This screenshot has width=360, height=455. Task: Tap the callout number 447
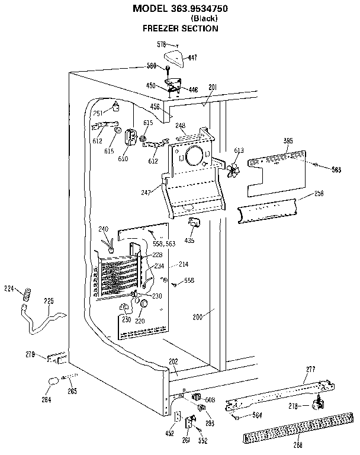[x=193, y=57]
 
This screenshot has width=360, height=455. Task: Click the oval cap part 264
[x=53, y=381]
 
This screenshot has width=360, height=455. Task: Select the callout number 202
[x=173, y=362]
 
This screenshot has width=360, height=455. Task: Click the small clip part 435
[x=193, y=222]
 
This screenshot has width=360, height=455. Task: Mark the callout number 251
[x=99, y=113]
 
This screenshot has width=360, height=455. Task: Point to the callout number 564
[x=258, y=415]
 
